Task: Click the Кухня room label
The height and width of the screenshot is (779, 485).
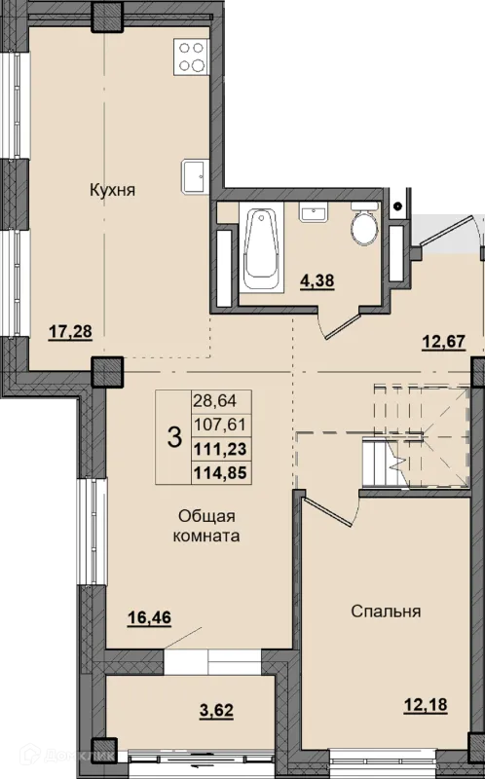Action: coord(112,190)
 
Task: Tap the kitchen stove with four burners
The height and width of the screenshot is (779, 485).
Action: coord(191,56)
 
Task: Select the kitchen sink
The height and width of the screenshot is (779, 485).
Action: coord(195,176)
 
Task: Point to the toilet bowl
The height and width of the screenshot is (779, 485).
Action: coord(365,224)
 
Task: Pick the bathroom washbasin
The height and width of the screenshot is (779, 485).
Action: coord(313,212)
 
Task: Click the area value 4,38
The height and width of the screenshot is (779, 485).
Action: coord(317,280)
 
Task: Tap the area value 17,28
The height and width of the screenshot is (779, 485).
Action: coord(70,330)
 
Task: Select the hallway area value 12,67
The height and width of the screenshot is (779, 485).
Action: coord(443,342)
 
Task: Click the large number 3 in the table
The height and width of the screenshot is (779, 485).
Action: coord(174,437)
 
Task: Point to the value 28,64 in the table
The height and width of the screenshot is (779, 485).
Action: coord(214,400)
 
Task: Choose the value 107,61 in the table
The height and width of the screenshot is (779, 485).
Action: coord(219,425)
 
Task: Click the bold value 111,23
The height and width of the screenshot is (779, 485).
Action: coord(220,449)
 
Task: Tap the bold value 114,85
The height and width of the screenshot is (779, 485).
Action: coord(220,473)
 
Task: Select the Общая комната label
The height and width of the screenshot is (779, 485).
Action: coord(206,526)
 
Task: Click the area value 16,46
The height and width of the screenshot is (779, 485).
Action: coord(149,617)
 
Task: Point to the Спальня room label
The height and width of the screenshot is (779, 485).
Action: coord(386,612)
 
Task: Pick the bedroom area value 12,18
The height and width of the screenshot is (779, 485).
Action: coord(425,704)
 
